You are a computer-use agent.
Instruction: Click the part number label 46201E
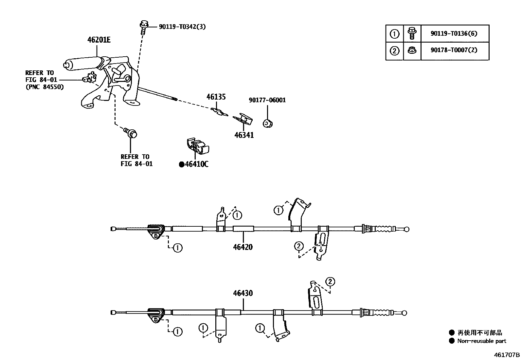(x=99, y=40)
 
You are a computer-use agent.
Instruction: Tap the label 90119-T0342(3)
(x=182, y=27)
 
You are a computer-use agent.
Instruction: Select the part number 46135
(x=216, y=97)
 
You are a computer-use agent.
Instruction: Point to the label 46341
(x=244, y=135)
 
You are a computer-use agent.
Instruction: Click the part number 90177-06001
(x=267, y=100)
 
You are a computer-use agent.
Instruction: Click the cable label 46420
(x=243, y=247)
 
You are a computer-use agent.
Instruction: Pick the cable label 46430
(x=243, y=293)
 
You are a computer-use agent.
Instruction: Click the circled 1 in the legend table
(x=395, y=34)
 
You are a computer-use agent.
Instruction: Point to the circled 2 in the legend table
(x=395, y=51)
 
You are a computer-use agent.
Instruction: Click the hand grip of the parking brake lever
(x=82, y=63)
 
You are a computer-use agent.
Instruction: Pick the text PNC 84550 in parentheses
(x=45, y=87)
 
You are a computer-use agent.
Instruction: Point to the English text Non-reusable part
(x=481, y=341)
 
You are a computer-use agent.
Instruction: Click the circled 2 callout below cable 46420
(x=299, y=246)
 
